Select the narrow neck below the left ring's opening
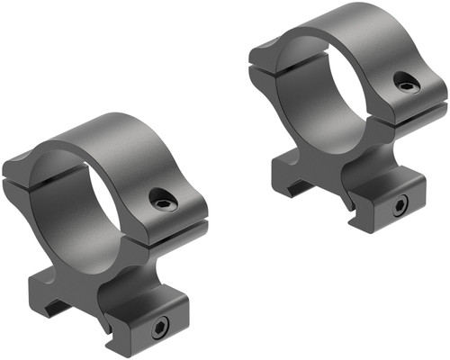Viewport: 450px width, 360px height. coord(99,270)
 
